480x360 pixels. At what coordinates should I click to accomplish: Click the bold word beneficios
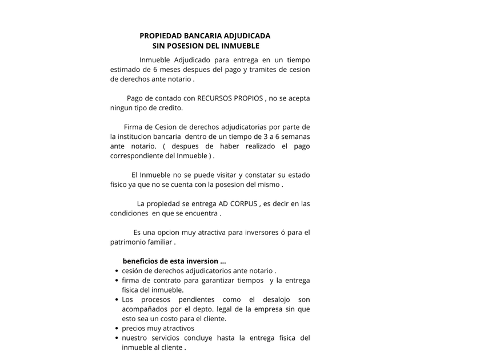tap(142, 261)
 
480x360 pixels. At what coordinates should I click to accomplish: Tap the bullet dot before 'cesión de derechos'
tap(117, 271)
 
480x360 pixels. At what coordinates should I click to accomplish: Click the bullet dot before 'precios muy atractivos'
tap(117, 329)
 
